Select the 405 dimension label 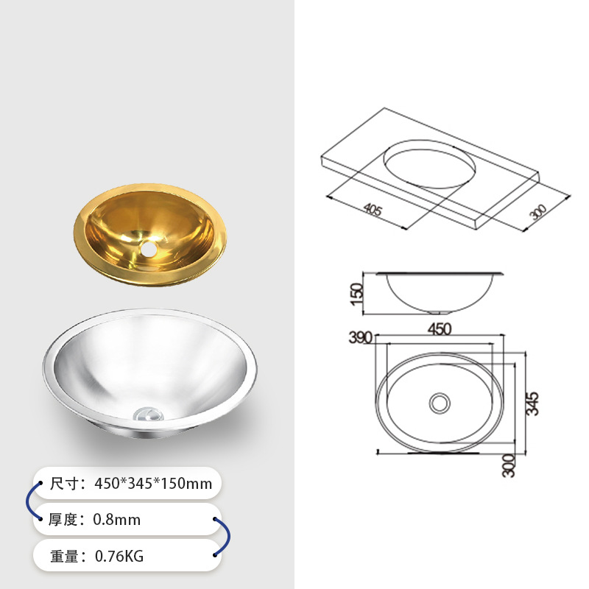click(x=373, y=211)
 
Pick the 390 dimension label click(x=361, y=337)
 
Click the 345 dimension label click(x=534, y=403)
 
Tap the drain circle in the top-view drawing click(x=440, y=403)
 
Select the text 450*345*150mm click(x=154, y=484)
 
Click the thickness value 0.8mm click(x=116, y=520)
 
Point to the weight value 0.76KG click(x=119, y=556)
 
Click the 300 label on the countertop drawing click(x=539, y=214)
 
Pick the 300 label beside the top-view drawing click(x=509, y=465)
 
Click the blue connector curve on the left click(x=29, y=501)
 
